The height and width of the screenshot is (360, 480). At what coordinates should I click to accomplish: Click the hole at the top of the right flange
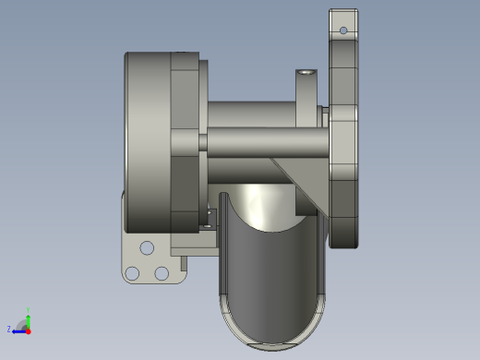pos(343,30)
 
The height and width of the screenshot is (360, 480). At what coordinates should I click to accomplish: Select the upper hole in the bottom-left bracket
pos(147,247)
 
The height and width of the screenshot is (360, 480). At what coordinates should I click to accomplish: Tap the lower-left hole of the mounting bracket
pos(133,273)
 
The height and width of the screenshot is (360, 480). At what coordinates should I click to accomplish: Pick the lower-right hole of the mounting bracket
pos(162,273)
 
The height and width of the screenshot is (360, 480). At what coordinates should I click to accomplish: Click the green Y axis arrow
pos(28,318)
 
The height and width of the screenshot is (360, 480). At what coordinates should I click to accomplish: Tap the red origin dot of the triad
pos(28,330)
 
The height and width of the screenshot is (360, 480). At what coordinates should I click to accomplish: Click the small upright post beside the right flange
pos(306,92)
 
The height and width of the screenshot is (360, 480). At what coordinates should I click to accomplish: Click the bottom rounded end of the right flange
pos(345,235)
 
